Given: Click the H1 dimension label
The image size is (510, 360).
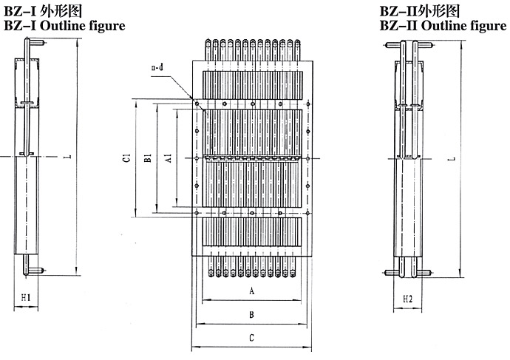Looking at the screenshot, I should pos(25,298).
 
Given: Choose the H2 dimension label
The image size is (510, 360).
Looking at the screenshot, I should pos(408,299).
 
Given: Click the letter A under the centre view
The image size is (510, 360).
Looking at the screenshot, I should pos(252,292).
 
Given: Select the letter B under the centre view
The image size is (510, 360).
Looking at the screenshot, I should pos(252,315).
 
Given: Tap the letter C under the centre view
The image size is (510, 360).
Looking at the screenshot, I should pos(252,338).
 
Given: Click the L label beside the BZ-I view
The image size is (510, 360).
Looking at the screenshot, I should pos(67,157).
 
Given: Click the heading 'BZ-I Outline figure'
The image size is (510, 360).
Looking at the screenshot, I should pos(64,26).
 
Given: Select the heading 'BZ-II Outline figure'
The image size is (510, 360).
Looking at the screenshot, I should pos(443,26).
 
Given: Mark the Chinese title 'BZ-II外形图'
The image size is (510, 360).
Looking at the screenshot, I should pos(420,11).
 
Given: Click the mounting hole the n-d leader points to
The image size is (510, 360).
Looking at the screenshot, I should pos(197,103).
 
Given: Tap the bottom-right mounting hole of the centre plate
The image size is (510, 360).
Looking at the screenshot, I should pos(307,214).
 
